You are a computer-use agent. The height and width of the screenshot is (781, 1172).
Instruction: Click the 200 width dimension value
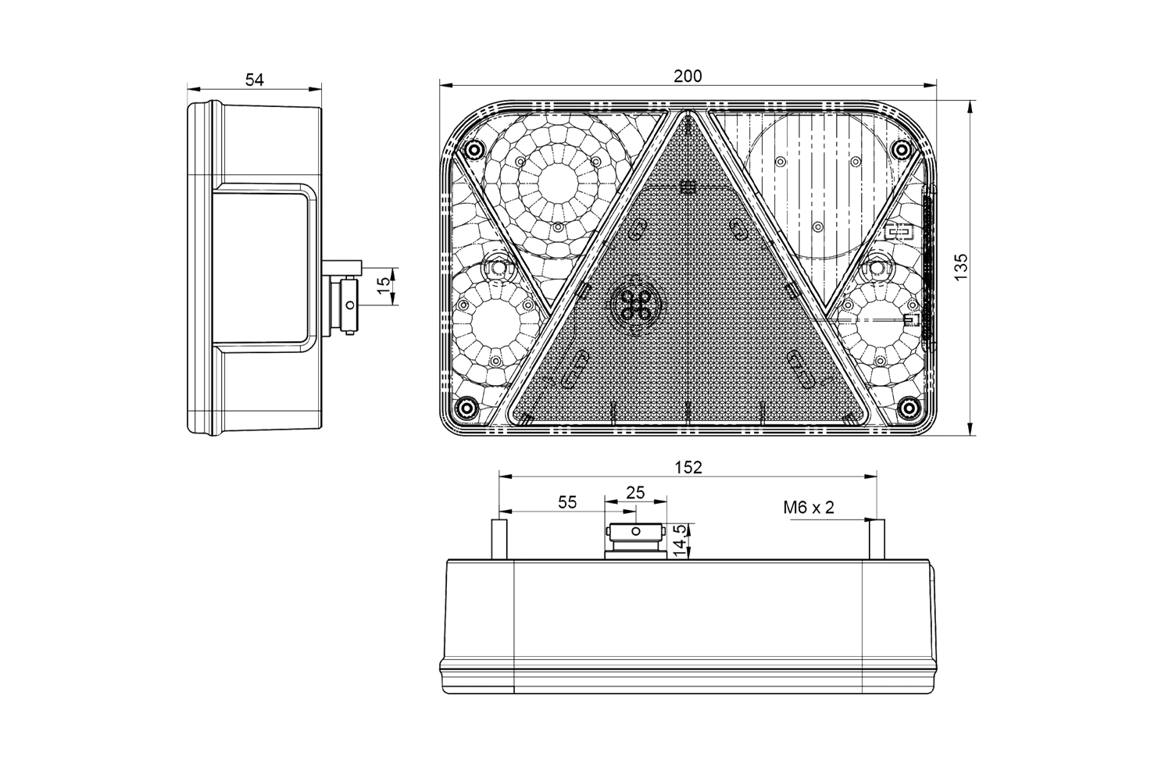[688, 77]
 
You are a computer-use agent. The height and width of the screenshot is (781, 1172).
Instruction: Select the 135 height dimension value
[961, 267]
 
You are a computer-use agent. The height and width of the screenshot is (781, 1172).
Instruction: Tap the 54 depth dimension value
[255, 80]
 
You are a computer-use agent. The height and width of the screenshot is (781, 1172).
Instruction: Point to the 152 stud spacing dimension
[688, 467]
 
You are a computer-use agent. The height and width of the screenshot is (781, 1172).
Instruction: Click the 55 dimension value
[567, 502]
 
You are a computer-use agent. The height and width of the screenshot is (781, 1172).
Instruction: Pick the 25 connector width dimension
[635, 492]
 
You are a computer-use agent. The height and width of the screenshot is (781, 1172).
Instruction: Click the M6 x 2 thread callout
[809, 507]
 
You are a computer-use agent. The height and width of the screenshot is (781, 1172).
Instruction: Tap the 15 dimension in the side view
[384, 285]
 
